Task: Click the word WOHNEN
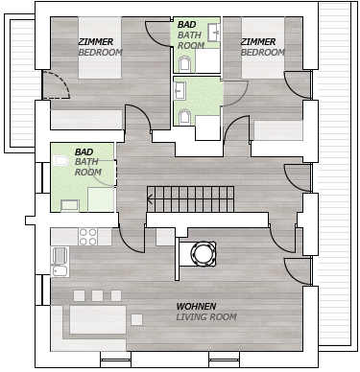[196, 307]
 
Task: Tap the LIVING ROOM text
[206, 317]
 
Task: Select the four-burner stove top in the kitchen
[88, 237]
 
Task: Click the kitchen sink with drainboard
[60, 262]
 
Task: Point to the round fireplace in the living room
[203, 254]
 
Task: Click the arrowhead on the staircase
[151, 199]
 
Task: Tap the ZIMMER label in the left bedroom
[96, 42]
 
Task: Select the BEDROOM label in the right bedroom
[263, 52]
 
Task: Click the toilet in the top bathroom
[184, 63]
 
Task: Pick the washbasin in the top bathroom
[214, 33]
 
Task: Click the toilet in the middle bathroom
[184, 117]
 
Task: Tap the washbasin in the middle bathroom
[179, 90]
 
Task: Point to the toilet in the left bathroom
[60, 161]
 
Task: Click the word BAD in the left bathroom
[84, 151]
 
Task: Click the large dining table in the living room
[98, 319]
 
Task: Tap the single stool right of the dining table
[136, 319]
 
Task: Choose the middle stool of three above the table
[97, 295]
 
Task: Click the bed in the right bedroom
[263, 48]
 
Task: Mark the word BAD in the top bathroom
[186, 25]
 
